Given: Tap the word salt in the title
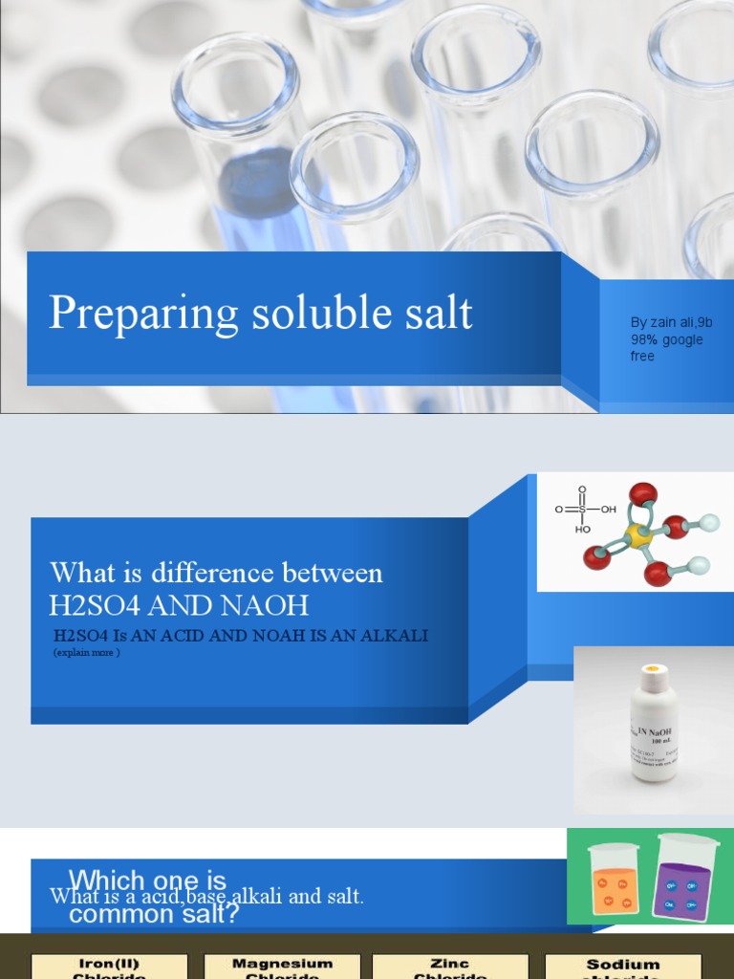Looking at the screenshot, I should pos(437,314).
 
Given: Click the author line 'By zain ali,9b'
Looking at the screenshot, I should pos(671,323).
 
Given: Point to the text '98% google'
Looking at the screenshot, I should pos(666,339).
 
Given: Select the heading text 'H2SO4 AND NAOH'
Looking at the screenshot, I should pos(180,605).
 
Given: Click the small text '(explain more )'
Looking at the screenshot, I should pos(87,653).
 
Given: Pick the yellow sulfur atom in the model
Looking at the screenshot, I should pos(637,535).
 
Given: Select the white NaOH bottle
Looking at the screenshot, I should pos(654,727).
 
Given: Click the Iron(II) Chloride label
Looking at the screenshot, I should pos(110,967).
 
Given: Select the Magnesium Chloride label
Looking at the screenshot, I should pos(282,967).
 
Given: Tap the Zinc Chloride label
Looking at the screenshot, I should pos(449,967).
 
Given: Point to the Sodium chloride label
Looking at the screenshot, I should pos(623,967).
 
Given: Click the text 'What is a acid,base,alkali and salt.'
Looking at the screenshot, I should pos(206,897).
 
